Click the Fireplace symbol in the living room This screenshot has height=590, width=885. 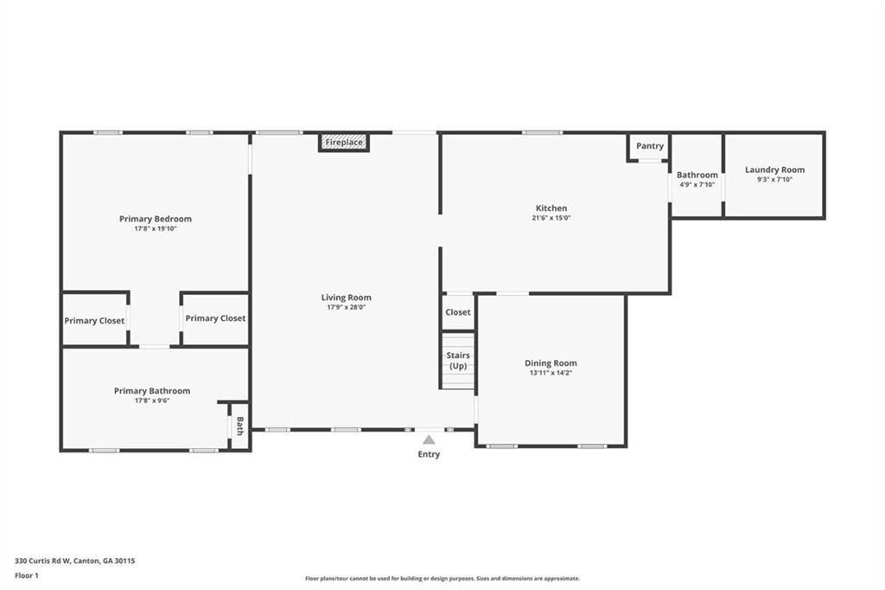(344, 143)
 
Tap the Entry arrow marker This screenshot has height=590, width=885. (429, 439)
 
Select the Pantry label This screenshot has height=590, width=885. (650, 146)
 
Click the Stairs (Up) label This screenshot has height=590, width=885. (458, 361)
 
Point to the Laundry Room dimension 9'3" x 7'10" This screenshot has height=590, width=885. (775, 180)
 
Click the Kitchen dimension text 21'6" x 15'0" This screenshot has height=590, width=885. (551, 218)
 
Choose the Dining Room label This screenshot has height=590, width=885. (551, 363)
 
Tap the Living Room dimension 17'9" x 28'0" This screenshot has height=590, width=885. (346, 307)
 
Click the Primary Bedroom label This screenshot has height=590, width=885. (156, 219)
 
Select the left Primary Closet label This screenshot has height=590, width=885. (94, 321)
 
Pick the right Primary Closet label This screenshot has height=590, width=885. (215, 318)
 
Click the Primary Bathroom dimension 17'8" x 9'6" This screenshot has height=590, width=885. (152, 401)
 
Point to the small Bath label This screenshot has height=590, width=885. (240, 426)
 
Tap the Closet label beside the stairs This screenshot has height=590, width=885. (458, 312)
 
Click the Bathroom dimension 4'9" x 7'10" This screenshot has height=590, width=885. (697, 184)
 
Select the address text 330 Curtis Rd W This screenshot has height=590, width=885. (42, 561)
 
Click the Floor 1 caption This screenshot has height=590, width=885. (27, 576)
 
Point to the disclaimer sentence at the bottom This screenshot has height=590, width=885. (442, 579)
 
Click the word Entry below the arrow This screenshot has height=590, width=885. (429, 454)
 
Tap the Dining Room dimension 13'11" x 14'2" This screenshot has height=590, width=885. (551, 373)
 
